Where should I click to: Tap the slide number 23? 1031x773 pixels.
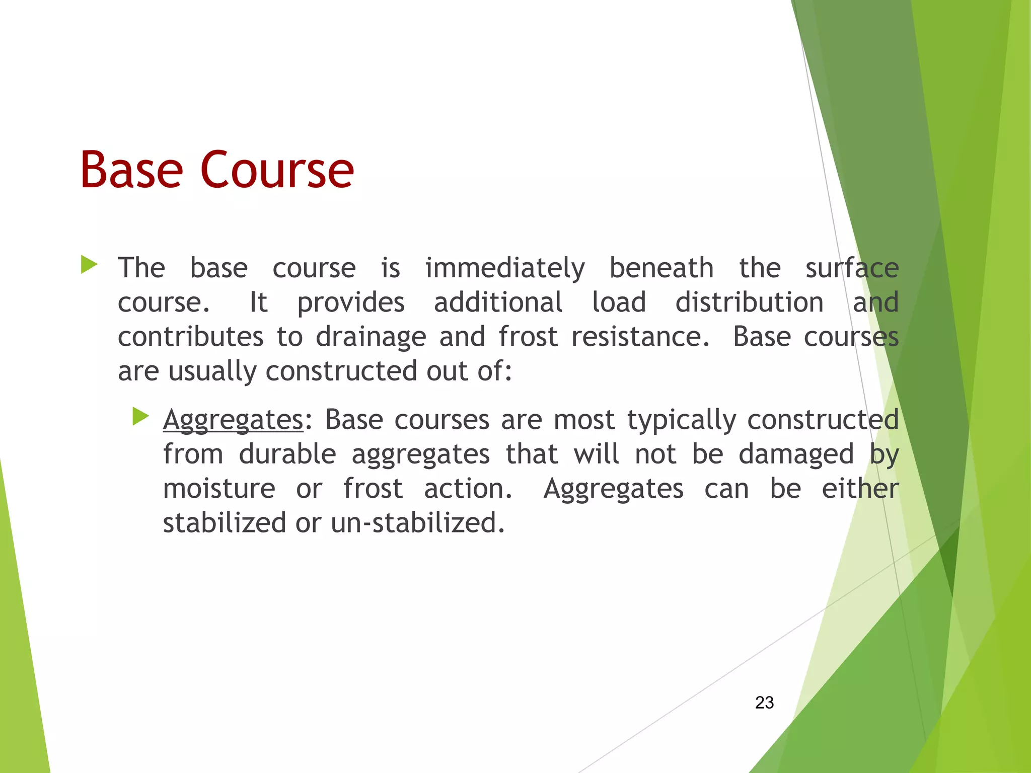764,703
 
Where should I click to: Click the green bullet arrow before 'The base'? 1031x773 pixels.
89,265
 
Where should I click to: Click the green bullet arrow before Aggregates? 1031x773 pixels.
141,417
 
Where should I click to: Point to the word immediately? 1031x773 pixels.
505,269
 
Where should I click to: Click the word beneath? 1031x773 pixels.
661,268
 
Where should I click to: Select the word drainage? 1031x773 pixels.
371,337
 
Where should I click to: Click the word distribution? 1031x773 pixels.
749,302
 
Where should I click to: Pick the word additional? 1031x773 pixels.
498,302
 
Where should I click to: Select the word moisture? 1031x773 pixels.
219,489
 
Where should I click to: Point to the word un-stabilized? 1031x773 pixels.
417,523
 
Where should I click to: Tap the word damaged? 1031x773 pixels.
796,454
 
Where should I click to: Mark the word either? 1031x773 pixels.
860,489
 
